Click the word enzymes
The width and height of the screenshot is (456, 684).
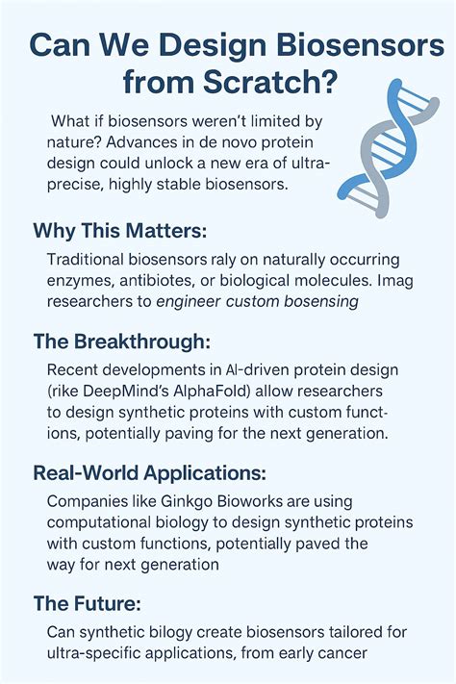(79, 282)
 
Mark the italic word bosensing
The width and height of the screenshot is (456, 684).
(314, 303)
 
